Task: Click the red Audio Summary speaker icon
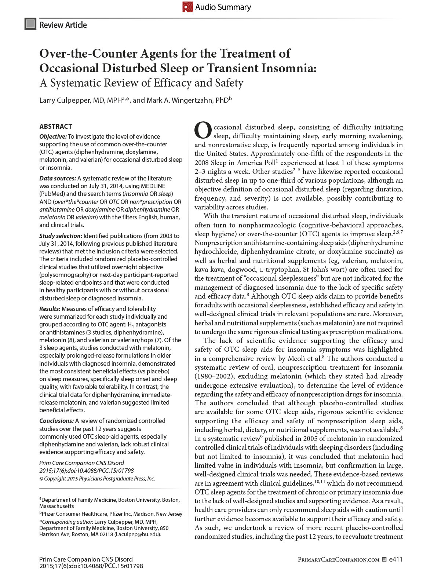tap(187, 7)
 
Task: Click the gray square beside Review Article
tap(30, 24)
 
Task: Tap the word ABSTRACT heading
tap(56, 127)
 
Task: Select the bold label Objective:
tap(53, 136)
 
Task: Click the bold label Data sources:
tap(58, 178)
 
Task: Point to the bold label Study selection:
tap(61, 236)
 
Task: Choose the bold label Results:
tap(50, 309)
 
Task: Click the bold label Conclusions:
tap(56, 421)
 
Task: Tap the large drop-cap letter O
tap(203, 131)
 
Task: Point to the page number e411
tap(396, 559)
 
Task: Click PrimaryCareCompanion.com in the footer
tap(338, 560)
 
